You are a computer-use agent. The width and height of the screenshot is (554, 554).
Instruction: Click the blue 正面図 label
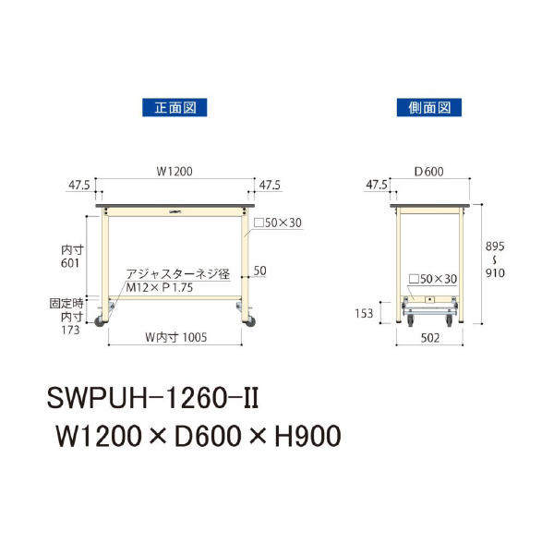pos(174,108)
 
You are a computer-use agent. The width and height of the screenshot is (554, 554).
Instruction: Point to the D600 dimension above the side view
pos(430,171)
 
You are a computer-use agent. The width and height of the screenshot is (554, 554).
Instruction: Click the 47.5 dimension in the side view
pos(377,185)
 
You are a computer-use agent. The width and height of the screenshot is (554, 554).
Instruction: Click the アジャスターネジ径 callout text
pos(177,273)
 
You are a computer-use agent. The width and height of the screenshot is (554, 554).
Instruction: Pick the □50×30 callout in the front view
pos(278,223)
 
